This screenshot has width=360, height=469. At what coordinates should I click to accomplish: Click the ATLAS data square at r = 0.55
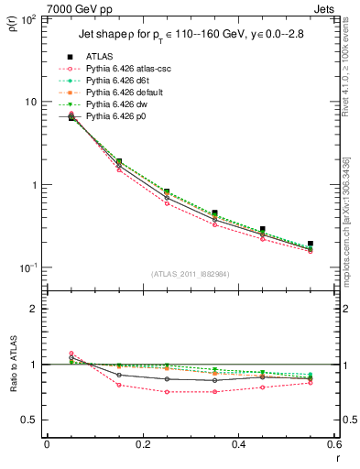311,244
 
